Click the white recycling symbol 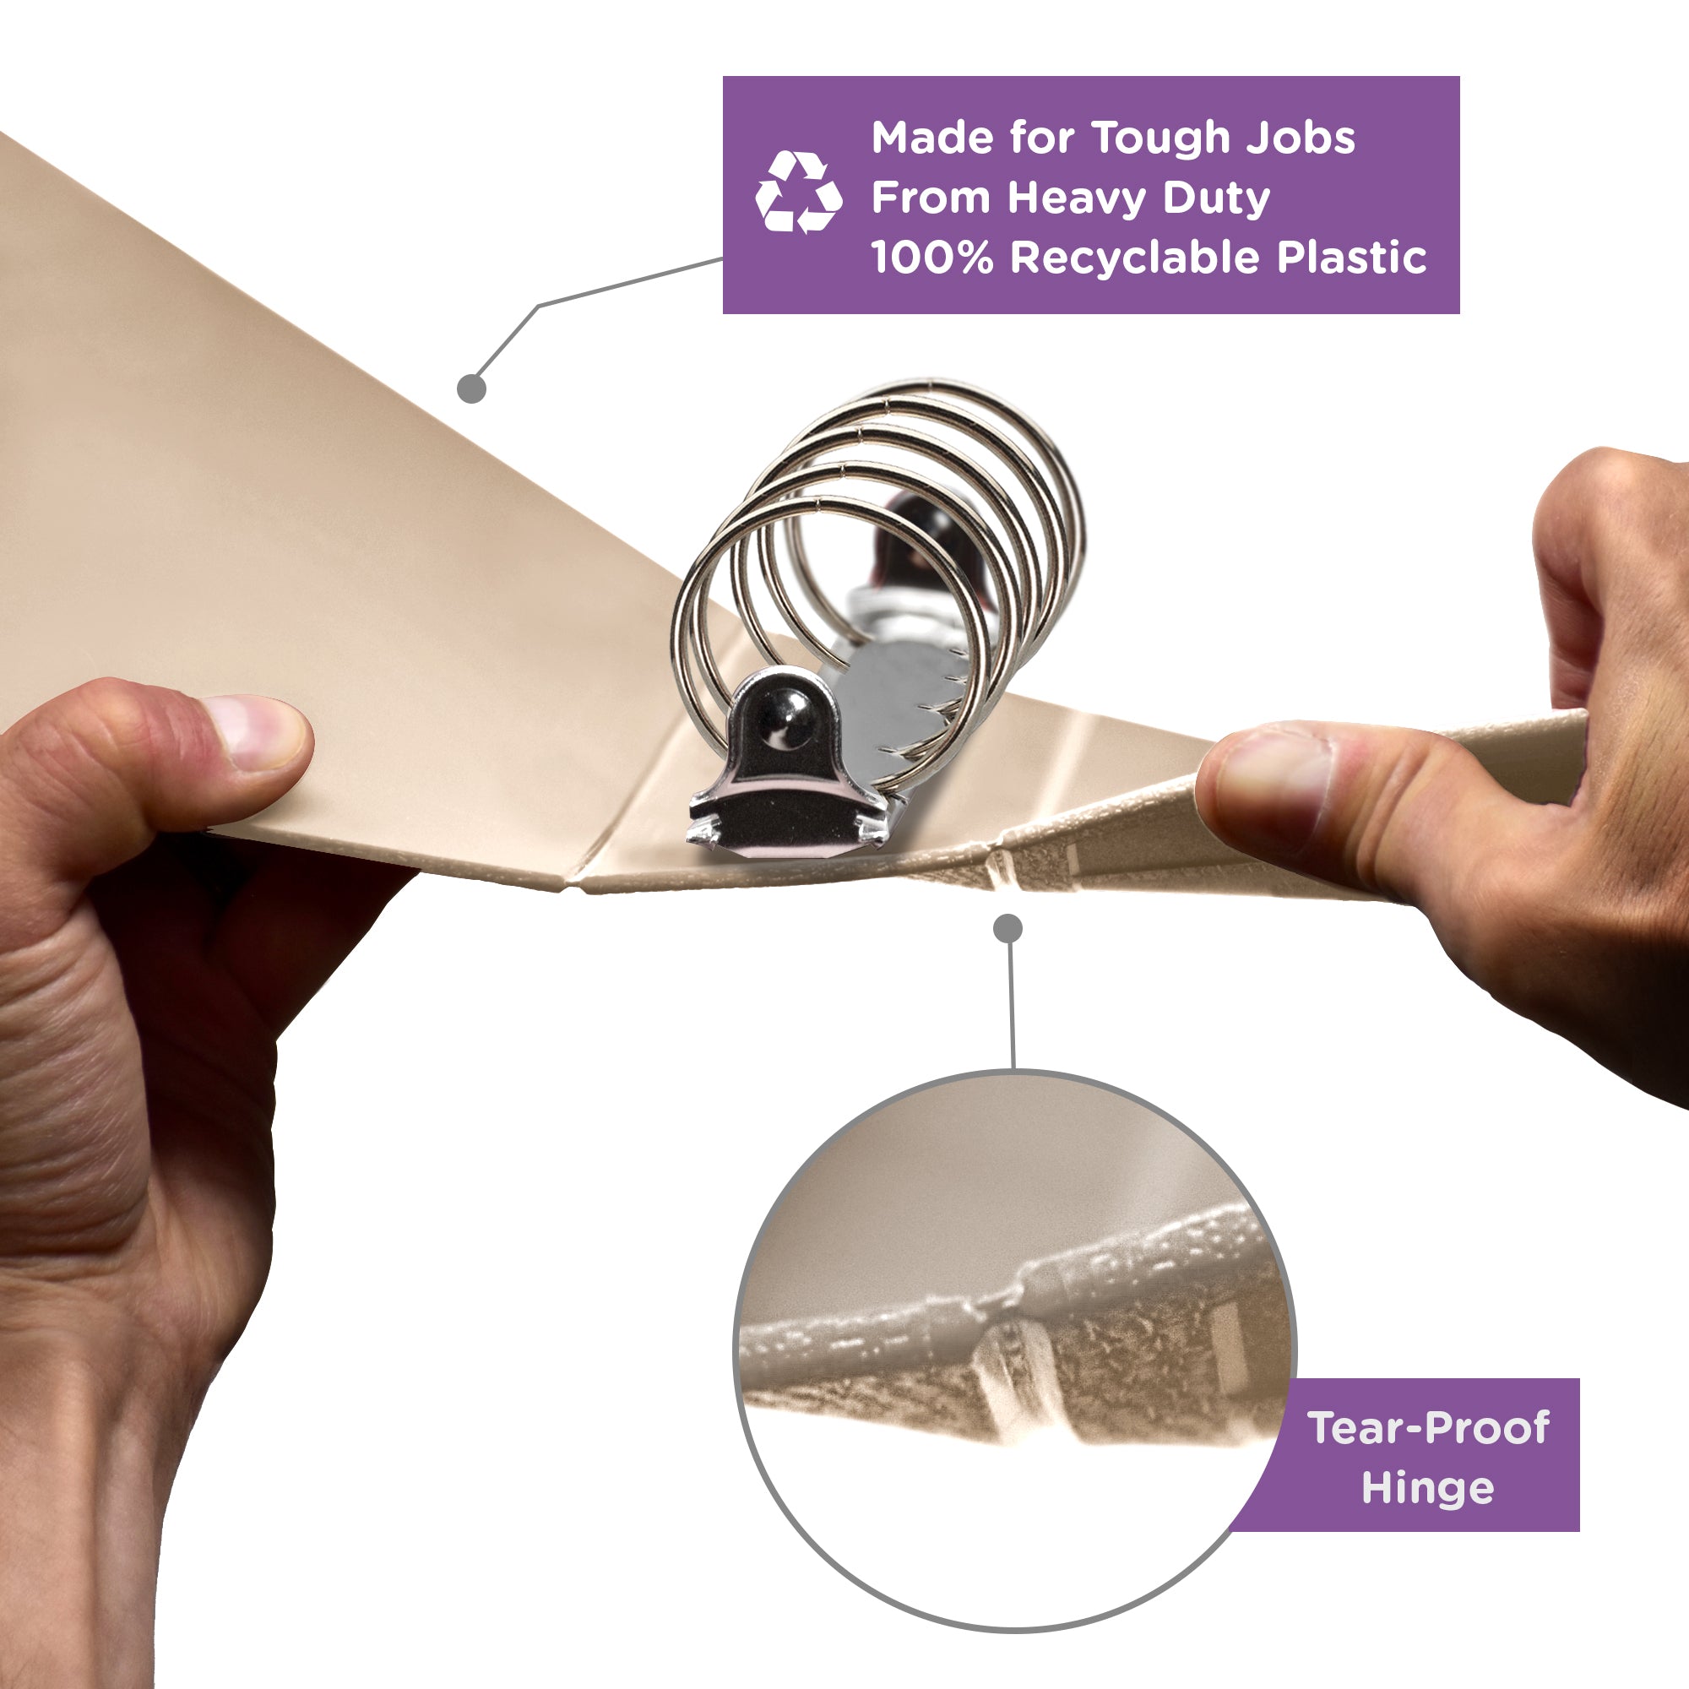click(x=798, y=193)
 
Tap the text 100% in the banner click(x=932, y=257)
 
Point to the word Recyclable click(x=1135, y=257)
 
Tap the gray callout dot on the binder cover click(x=471, y=388)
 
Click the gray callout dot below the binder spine click(x=1008, y=928)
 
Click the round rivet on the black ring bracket click(x=791, y=723)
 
